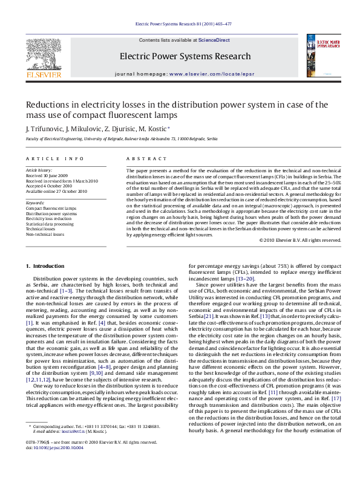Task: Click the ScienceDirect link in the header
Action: [214, 40]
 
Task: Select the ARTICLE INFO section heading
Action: [54, 158]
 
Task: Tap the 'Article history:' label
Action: [38, 170]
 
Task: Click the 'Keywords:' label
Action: [35, 203]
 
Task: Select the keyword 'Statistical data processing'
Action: [50, 224]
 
